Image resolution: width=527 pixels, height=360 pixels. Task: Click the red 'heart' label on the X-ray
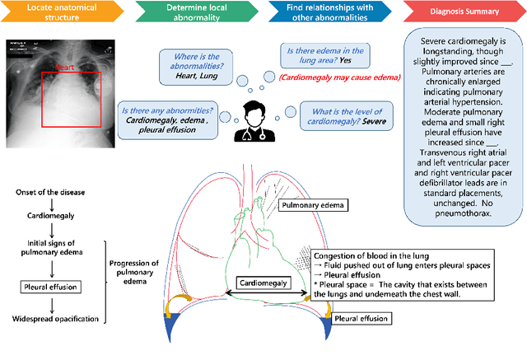(64, 67)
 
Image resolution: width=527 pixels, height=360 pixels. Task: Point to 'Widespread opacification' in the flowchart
(56, 319)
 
